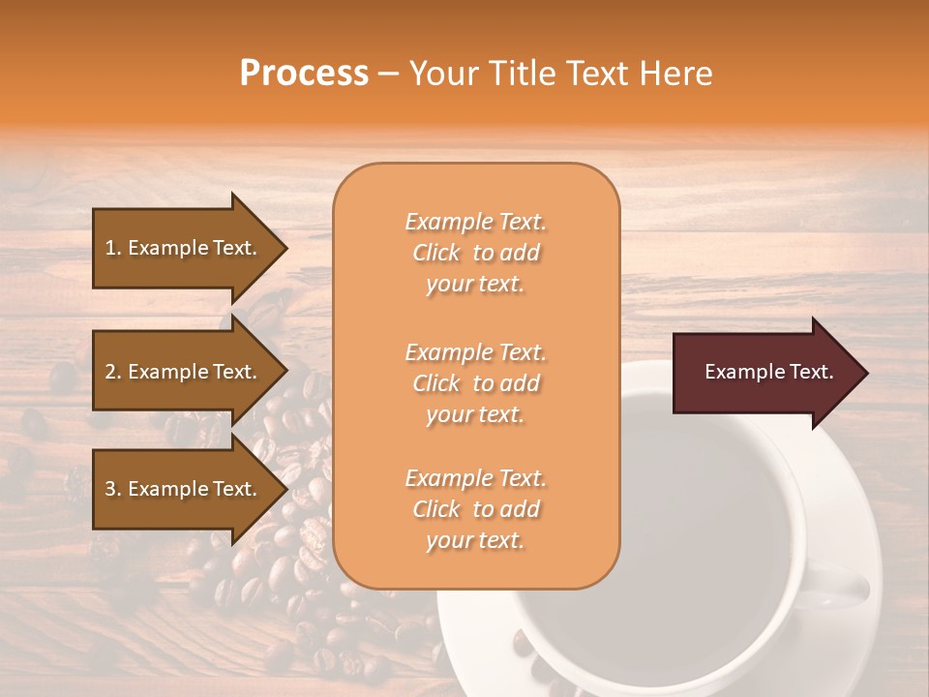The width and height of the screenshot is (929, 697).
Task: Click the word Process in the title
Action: [304, 74]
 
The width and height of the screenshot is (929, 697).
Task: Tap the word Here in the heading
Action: [674, 74]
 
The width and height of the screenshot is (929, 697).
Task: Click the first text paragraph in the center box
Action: [475, 253]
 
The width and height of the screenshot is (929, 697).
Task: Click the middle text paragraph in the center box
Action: [475, 383]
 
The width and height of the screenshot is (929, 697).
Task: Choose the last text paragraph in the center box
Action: [475, 509]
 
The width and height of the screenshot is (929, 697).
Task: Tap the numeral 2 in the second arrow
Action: [110, 372]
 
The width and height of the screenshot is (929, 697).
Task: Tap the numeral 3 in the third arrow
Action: [110, 489]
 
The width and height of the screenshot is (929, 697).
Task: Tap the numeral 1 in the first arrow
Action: [110, 248]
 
